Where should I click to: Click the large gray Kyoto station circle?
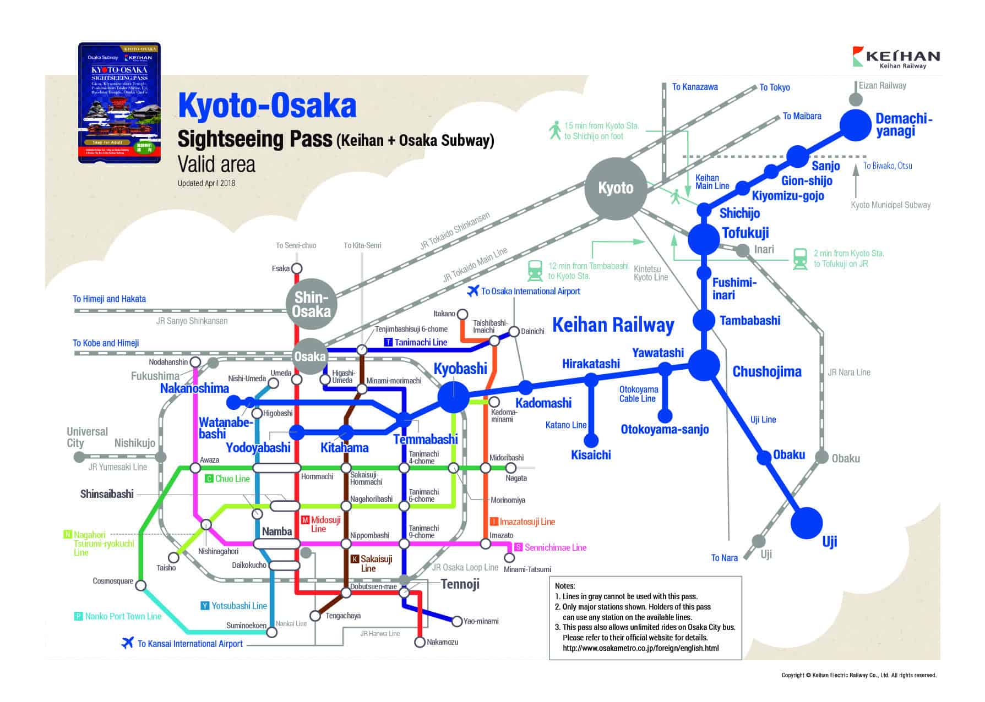(616, 188)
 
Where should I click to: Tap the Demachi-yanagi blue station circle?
(855, 125)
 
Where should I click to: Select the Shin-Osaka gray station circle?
(312, 304)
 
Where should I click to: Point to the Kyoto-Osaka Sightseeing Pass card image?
(119, 102)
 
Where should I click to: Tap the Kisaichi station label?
(591, 455)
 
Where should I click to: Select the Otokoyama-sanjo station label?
(665, 430)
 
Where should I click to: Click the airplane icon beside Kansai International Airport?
(128, 643)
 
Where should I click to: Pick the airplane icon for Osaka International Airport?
(472, 291)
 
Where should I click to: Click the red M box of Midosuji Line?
(305, 520)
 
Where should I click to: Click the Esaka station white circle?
(296, 268)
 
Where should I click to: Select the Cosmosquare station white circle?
(141, 586)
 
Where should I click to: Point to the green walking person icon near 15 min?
(555, 130)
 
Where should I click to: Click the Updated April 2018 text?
(206, 183)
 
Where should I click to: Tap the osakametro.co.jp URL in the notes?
(640, 648)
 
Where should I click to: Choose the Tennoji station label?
(460, 584)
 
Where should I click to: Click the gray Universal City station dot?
(79, 457)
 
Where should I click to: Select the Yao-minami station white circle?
(456, 622)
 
